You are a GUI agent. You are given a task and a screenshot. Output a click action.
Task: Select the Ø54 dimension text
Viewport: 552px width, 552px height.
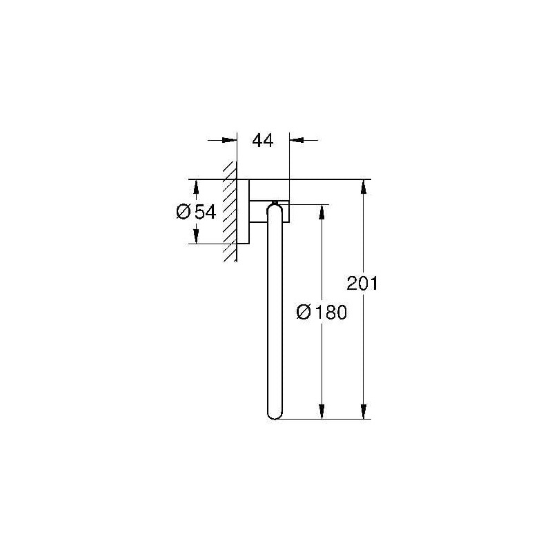(x=197, y=212)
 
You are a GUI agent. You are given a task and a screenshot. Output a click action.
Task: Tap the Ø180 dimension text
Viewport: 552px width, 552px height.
(x=321, y=312)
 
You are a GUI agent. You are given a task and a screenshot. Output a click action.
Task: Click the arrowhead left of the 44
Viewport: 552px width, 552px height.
(x=230, y=140)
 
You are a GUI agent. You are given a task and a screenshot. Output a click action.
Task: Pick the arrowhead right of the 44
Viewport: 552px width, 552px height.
(x=296, y=140)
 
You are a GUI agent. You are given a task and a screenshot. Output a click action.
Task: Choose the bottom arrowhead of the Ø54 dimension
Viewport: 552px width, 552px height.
(x=196, y=237)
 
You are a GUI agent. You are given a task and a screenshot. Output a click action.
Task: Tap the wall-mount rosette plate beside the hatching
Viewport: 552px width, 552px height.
(x=243, y=212)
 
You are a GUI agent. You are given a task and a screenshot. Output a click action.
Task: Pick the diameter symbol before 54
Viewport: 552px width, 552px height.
(x=184, y=212)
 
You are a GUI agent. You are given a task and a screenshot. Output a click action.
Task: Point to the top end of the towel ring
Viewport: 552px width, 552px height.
(x=275, y=205)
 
